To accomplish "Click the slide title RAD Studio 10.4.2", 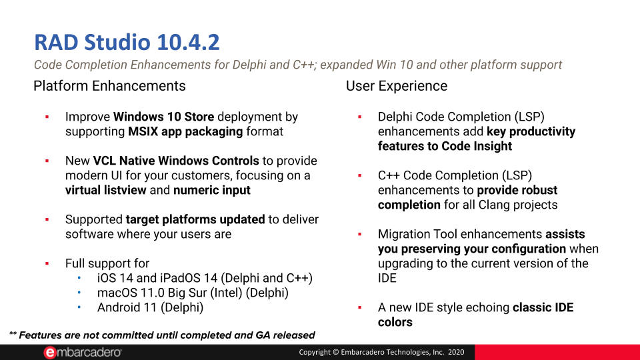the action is [x=127, y=43].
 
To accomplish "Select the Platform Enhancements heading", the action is [x=109, y=86].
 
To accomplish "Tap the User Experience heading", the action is [x=396, y=86].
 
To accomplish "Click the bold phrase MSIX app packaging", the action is [x=185, y=132].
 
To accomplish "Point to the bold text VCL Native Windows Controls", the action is [x=176, y=161].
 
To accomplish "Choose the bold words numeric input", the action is [x=212, y=190].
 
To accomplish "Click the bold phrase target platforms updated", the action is [x=195, y=219].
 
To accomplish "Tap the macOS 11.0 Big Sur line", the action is [x=193, y=293].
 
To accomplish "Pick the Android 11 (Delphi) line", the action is [x=150, y=307].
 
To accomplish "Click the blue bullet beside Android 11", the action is [x=79, y=307].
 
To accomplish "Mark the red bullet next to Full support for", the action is [x=47, y=264].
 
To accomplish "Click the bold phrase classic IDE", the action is [x=543, y=307].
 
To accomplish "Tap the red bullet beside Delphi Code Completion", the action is [x=360, y=117].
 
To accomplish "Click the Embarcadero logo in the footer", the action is [x=83, y=352].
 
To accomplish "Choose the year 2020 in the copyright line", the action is [x=456, y=352].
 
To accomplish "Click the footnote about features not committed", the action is [x=162, y=335].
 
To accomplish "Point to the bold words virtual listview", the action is [x=106, y=190].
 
